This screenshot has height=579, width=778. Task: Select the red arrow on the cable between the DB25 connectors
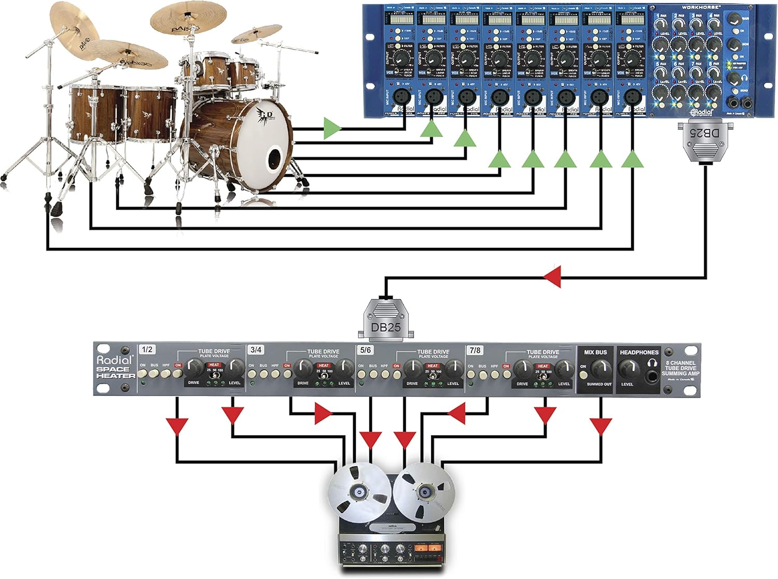(553, 277)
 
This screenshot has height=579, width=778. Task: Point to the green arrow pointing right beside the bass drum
(332, 128)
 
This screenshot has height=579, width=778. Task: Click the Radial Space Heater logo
(115, 366)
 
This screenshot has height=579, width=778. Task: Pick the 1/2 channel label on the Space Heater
(147, 349)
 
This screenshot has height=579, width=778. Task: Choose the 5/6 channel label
(365, 350)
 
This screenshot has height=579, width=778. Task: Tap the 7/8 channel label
(475, 350)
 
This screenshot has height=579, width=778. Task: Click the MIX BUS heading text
(595, 352)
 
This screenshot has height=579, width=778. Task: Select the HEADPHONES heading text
(639, 352)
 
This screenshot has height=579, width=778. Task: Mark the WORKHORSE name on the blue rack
(701, 7)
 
